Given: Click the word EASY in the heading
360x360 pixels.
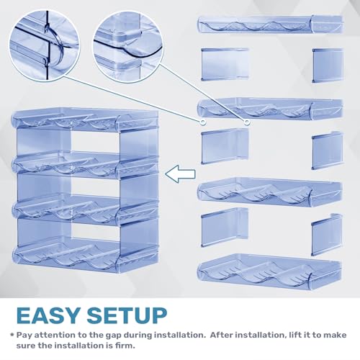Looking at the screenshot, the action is [48, 315].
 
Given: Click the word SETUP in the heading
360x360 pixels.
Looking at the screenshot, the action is [127, 315].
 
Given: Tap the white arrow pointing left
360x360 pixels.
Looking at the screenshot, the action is [180, 174].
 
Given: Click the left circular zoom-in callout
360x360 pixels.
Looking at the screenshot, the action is [45, 45].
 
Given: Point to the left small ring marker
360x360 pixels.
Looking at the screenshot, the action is [203, 122].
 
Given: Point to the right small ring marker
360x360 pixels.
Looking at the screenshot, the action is [247, 122].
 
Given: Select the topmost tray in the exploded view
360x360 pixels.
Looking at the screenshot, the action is [271, 24].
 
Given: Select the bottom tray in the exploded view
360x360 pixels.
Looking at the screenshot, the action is [269, 271].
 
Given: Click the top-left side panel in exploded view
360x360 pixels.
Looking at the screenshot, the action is [225, 64].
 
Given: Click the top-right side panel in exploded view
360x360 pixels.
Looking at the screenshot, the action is [328, 66].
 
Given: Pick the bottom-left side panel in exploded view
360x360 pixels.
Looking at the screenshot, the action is [225, 228].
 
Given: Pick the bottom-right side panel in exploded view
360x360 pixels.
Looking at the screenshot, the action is [327, 235].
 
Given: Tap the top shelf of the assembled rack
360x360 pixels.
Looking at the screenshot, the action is [85, 120].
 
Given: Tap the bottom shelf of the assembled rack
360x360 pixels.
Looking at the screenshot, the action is [85, 256].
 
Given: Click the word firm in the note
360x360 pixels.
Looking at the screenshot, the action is [125, 346].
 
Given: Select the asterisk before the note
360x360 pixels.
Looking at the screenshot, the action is [12, 334].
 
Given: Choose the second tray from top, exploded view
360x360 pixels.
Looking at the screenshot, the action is [270, 109].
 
